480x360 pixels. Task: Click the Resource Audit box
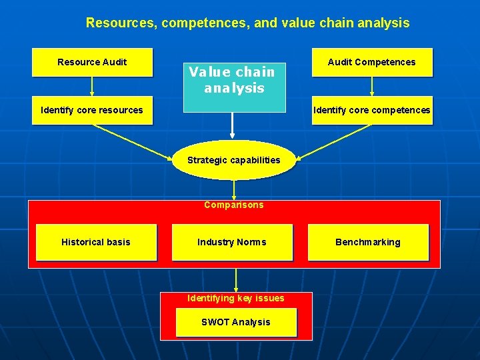[x=92, y=63]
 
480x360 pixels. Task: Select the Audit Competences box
[x=371, y=63]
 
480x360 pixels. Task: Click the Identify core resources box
[x=92, y=111]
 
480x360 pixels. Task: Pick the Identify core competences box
[x=371, y=111]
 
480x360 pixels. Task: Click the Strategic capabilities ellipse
[x=233, y=160]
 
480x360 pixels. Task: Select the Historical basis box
[x=96, y=242]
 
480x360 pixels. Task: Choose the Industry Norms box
[x=232, y=242]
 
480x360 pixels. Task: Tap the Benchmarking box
[x=367, y=242]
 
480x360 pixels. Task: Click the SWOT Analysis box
[x=235, y=322]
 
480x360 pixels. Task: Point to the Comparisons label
[x=233, y=205]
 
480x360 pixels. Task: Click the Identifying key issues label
[x=235, y=298]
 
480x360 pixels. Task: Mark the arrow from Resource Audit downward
[x=92, y=87]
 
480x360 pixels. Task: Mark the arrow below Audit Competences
[x=371, y=87]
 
